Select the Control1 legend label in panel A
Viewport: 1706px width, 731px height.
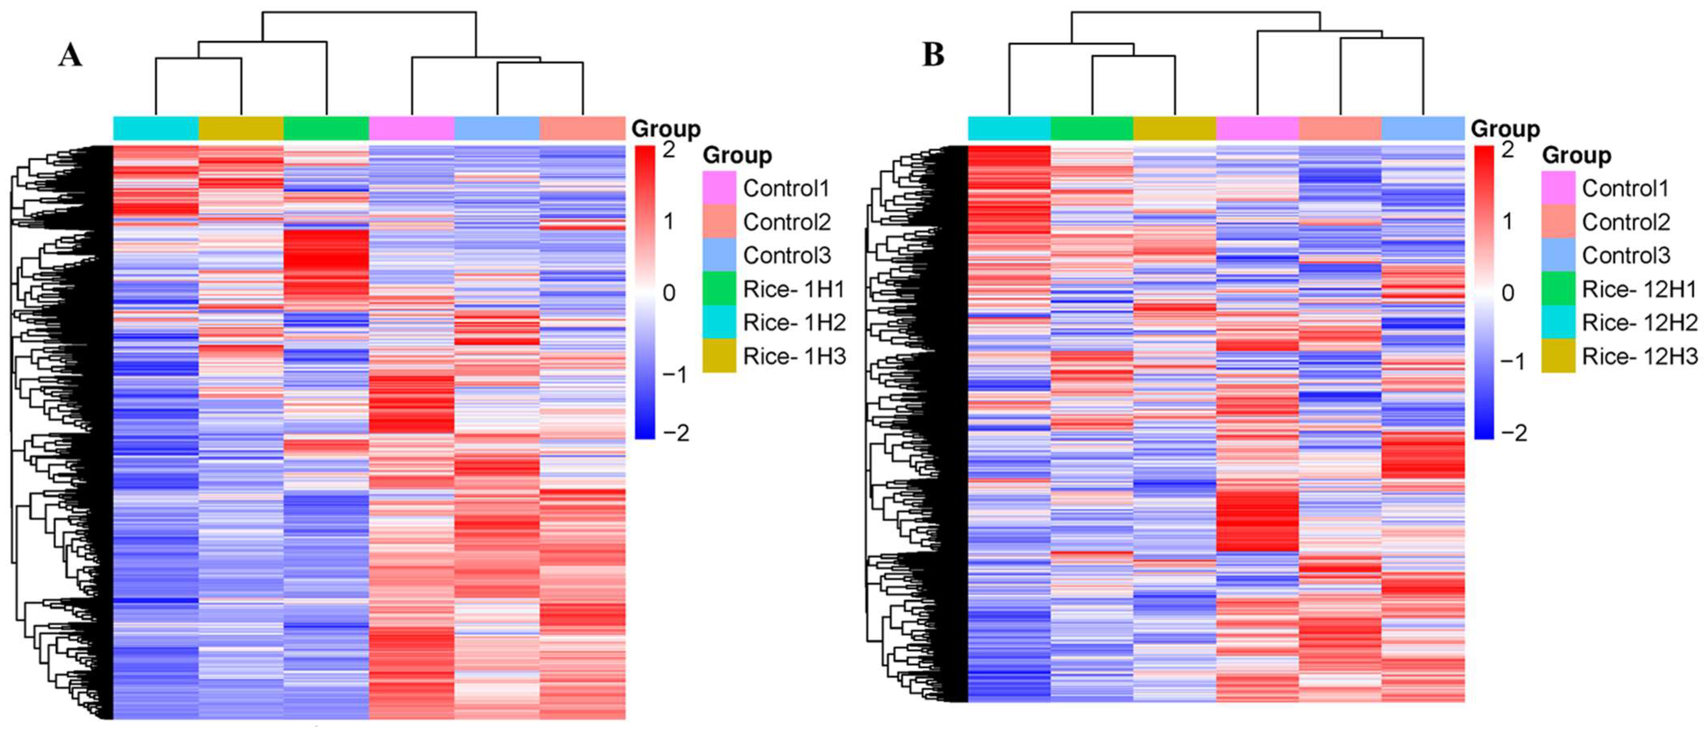pos(786,188)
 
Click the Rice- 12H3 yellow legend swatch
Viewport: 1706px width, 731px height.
pos(1558,356)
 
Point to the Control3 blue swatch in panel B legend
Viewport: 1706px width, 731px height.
pos(1558,255)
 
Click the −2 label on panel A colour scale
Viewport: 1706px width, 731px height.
pos(675,433)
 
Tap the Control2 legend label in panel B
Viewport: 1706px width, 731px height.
pos(1626,222)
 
